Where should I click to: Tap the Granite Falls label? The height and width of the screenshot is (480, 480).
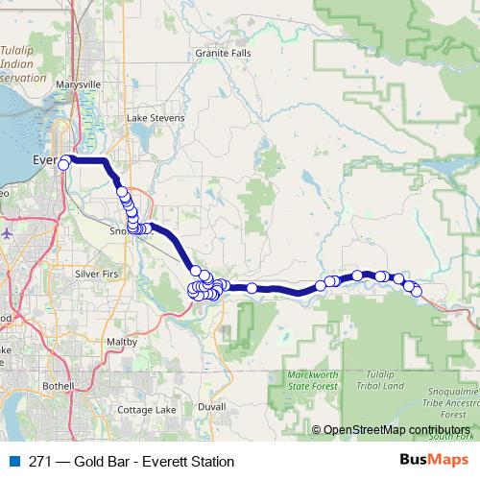point(223,53)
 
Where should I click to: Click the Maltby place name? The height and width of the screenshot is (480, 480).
point(123,341)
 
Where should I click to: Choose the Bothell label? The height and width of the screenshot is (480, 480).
point(59,385)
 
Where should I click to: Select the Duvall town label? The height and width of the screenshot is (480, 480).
point(210,406)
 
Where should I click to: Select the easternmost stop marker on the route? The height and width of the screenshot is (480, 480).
point(417,291)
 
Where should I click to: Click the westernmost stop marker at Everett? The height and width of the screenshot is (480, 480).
point(64,164)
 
